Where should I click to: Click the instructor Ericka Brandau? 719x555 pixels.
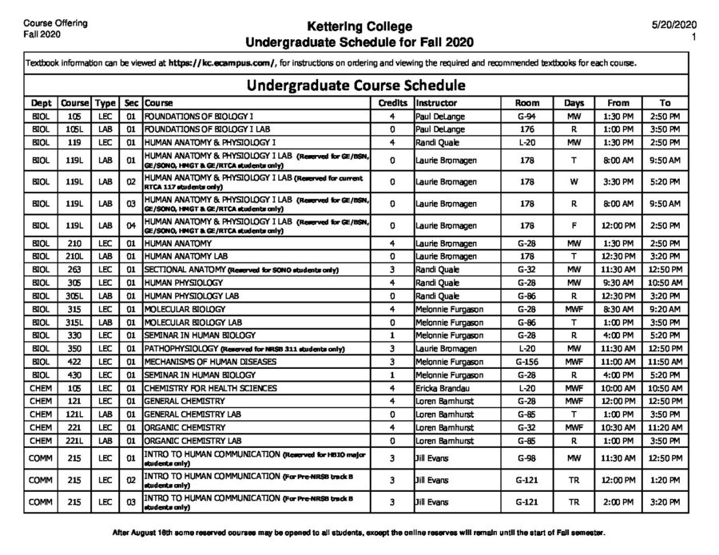click(442, 388)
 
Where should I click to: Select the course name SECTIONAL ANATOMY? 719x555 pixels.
click(184, 271)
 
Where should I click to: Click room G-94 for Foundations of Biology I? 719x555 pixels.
click(526, 117)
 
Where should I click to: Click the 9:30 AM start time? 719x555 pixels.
click(618, 283)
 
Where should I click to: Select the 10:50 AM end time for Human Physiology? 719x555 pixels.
click(665, 283)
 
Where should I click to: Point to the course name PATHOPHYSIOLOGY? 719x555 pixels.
click(178, 349)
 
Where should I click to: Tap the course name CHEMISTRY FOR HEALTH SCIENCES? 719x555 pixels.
click(210, 388)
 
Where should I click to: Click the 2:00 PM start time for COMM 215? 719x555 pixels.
click(618, 503)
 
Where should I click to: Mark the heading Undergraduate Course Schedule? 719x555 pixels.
click(356, 85)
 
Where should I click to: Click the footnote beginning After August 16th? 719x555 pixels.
click(359, 533)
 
